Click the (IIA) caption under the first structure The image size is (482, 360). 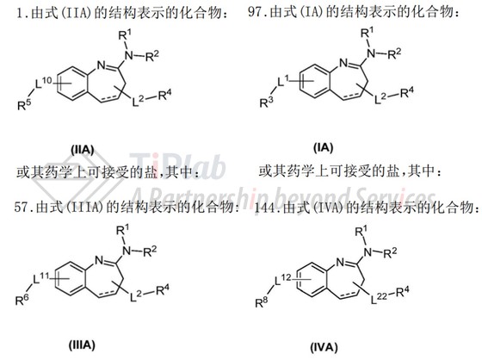coord(83,150)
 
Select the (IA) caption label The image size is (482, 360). coord(323,147)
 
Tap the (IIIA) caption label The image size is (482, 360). coord(82,344)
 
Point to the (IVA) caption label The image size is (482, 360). coord(324,347)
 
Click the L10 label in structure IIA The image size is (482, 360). coord(43,83)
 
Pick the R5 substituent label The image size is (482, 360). coord(24,105)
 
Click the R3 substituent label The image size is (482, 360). coord(266,102)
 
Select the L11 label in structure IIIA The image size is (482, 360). coord(41,279)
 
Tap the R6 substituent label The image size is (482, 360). coord(22,300)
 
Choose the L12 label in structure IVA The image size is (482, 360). coord(282,280)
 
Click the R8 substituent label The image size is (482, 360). coord(262,302)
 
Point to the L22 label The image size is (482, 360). coord(379,298)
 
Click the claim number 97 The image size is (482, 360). coord(255,13)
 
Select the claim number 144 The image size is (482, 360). coord(265,208)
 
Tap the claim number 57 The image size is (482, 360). coord(22,207)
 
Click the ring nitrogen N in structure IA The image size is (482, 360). coord(343,63)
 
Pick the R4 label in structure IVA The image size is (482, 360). coord(403,291)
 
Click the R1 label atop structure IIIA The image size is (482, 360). coord(123,230)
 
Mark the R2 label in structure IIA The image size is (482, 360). coord(151,56)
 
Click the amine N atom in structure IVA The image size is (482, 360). coord(368,252)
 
